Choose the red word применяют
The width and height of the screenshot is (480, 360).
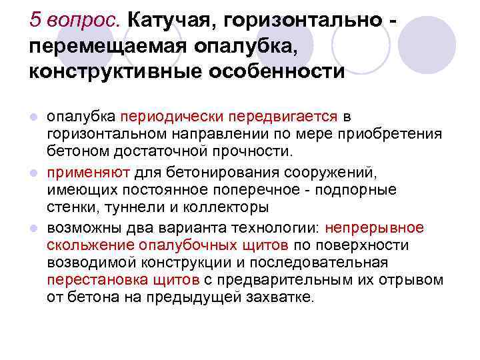point(89,173)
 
